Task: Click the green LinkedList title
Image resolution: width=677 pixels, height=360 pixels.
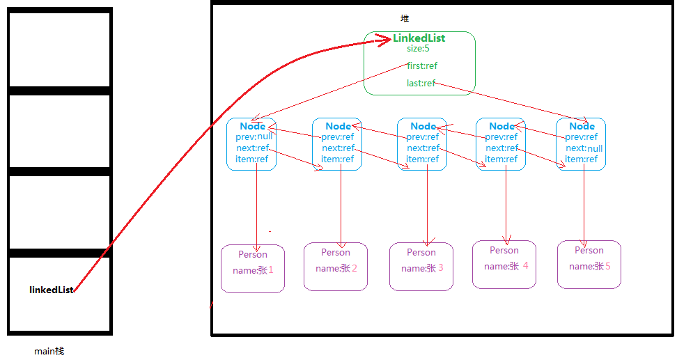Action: [x=419, y=38]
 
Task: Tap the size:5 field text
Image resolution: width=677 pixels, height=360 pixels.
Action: [x=418, y=49]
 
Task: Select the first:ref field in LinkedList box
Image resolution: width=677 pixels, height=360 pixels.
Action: [x=422, y=66]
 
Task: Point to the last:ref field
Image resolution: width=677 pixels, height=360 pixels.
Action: [x=421, y=84]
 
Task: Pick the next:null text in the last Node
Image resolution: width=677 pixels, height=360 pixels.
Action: [x=584, y=148]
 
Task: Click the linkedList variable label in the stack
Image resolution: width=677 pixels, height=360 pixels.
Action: [x=51, y=290]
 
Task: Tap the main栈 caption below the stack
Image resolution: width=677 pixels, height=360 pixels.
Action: [x=49, y=352]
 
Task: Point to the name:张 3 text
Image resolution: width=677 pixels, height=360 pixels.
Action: [x=422, y=268]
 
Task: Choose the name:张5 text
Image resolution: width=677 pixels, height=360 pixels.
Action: [x=589, y=266]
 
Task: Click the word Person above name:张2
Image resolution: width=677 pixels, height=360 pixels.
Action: [x=336, y=252]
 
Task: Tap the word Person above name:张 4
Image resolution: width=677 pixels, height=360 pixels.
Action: [x=504, y=250]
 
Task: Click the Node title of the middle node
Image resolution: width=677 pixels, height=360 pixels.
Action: [x=423, y=126]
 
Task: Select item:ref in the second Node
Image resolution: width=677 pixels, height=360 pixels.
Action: [x=337, y=159]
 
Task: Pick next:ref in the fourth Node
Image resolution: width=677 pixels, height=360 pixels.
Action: [x=501, y=148]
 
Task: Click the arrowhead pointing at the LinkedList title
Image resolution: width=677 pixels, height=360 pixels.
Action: [x=383, y=40]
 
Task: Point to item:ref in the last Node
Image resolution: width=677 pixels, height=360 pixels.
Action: [x=581, y=159]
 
